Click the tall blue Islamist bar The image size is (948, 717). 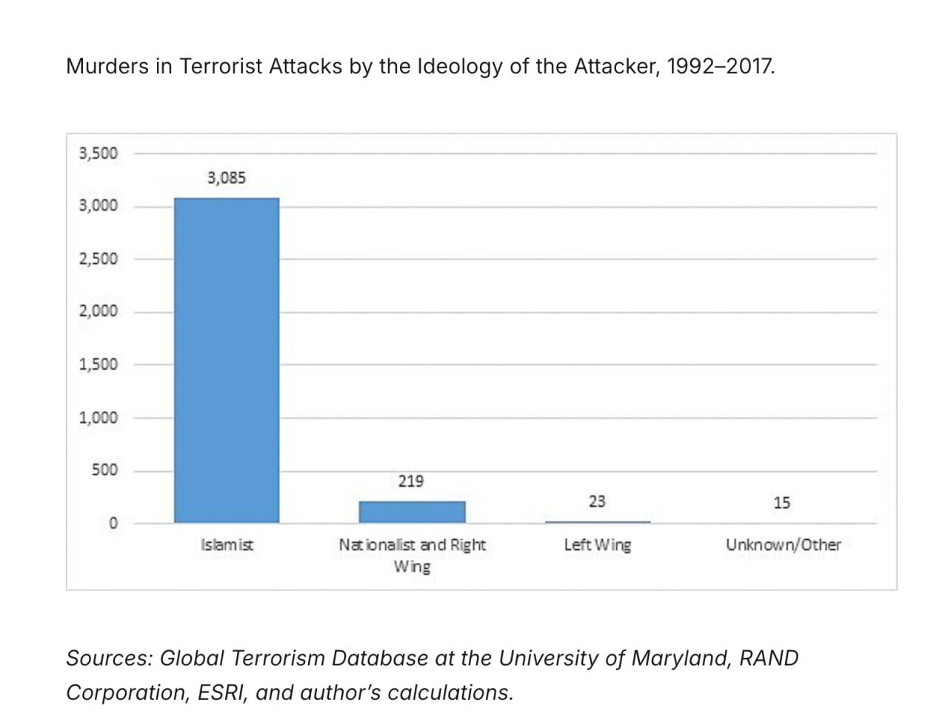[227, 360]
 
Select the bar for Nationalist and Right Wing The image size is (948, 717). [412, 512]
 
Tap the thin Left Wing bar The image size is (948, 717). [598, 521]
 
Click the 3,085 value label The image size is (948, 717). [227, 178]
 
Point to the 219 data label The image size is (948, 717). [411, 481]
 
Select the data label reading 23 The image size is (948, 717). [597, 501]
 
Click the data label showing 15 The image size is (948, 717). [782, 503]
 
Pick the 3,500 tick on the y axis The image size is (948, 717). [99, 153]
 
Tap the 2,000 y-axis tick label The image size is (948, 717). [99, 311]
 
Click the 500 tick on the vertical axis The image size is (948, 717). [104, 470]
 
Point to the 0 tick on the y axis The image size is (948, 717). [113, 523]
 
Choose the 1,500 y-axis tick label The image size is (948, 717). [99, 364]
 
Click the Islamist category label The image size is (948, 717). [227, 545]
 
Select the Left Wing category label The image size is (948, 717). [598, 545]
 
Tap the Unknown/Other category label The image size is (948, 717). [784, 545]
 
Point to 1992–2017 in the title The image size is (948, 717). [720, 67]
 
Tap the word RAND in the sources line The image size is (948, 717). [770, 658]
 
